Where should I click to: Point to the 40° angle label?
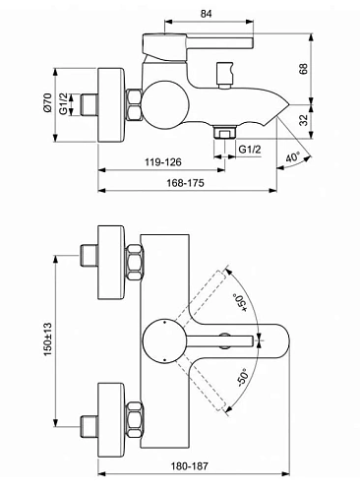pos(292,157)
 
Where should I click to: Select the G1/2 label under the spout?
pos(250,149)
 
